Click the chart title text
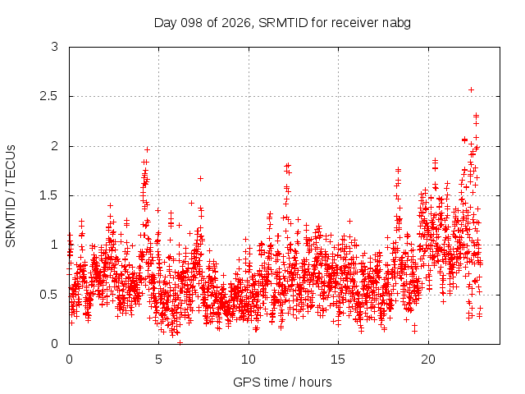coord(282,23)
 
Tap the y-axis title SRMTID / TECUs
coord(11,196)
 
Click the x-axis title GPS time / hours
coord(282,382)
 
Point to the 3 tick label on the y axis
coord(55,47)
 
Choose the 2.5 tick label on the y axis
coord(49,97)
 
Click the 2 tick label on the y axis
coord(55,146)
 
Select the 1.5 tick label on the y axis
coord(49,195)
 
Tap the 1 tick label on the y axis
coord(55,245)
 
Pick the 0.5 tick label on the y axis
coord(49,295)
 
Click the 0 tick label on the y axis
coord(55,344)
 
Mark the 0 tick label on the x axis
coord(69,360)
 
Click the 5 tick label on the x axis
coord(158,360)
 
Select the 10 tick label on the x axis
coord(249,360)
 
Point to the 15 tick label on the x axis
coord(338,360)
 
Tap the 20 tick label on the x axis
coord(428,360)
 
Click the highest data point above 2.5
coord(471,89)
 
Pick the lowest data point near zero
coord(180,342)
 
